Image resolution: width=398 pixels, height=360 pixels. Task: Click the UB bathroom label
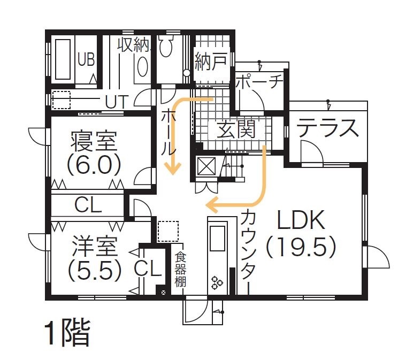coord(86,59)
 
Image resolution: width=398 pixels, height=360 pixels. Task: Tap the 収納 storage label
coord(133,45)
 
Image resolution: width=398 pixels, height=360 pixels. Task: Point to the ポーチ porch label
coord(258,83)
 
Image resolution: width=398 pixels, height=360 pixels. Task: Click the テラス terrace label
coord(327,129)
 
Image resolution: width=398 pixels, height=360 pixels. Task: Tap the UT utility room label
coord(117,101)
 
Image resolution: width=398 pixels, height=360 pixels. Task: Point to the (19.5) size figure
coord(301,247)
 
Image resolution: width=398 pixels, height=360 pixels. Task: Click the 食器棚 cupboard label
coord(180,270)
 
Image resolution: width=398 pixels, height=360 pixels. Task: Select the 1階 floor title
coord(67,333)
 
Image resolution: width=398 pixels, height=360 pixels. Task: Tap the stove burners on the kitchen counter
coord(217,282)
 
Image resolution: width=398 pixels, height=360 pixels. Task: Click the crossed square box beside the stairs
coord(205,167)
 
